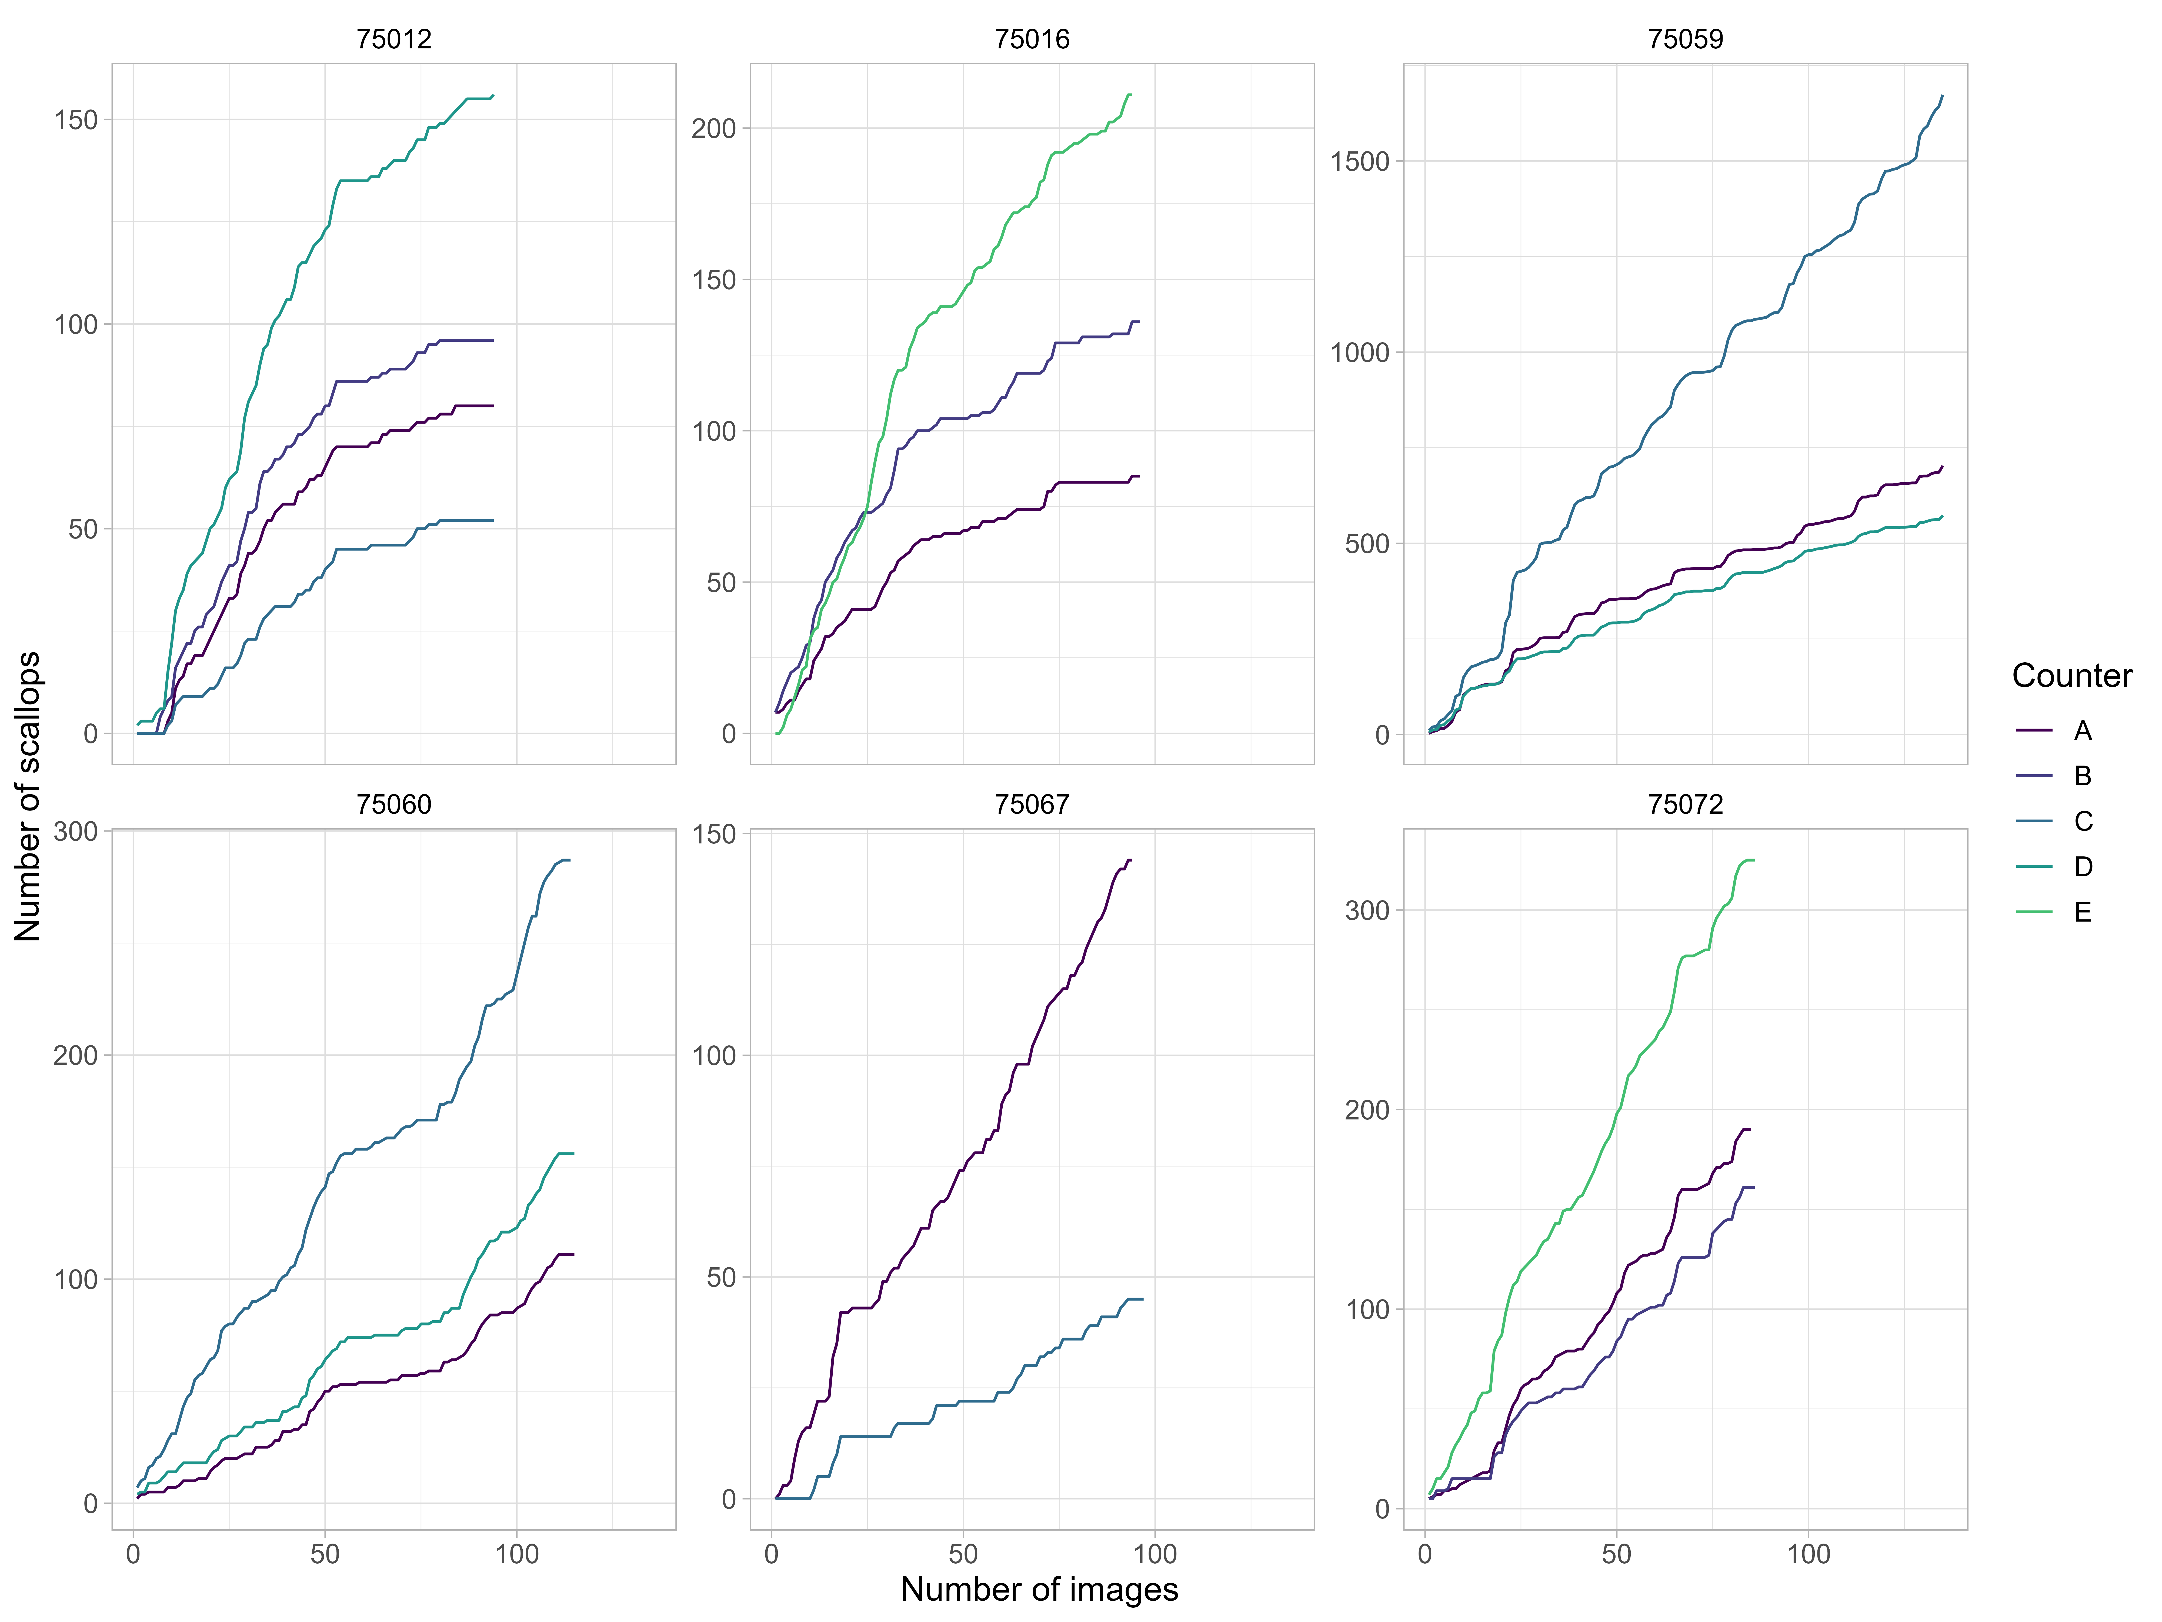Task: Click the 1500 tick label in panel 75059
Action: (x=1360, y=161)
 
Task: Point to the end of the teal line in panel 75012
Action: (x=493, y=96)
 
